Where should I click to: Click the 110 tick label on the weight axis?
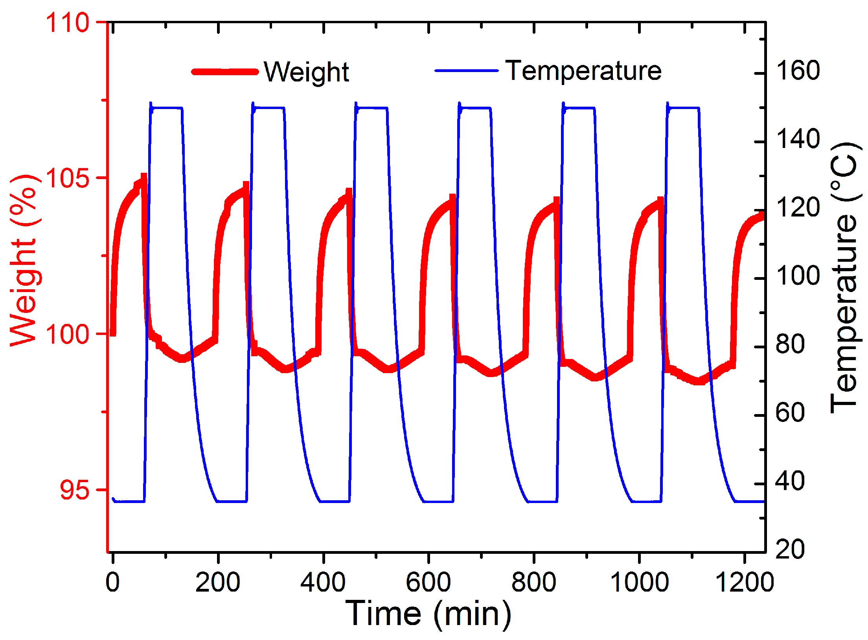tap(68, 22)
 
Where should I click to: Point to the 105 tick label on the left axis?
tap(68, 178)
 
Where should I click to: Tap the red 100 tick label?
tap(68, 334)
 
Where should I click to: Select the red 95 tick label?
tap(75, 490)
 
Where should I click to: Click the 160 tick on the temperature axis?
tap(798, 70)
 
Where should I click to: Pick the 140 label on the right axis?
tap(798, 139)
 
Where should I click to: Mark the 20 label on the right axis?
tap(790, 549)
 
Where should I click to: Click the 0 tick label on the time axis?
tap(112, 582)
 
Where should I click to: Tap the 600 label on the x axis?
tap(428, 582)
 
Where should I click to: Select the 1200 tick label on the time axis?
tap(744, 582)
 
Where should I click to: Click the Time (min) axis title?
tap(428, 614)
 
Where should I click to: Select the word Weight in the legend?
tap(306, 72)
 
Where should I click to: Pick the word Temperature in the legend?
tap(583, 71)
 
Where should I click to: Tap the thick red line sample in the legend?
tap(225, 72)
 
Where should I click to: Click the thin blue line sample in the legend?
tap(466, 71)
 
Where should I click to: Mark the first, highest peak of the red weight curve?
tap(143, 177)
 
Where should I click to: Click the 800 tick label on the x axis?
tap(533, 582)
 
